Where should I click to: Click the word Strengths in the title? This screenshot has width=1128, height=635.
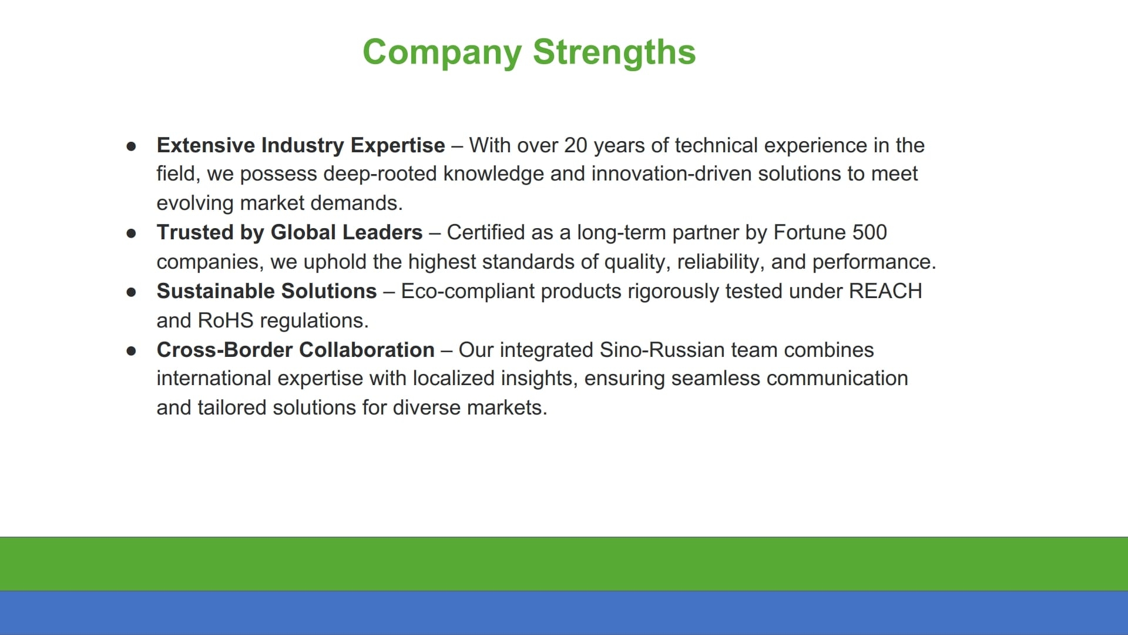pyautogui.click(x=614, y=52)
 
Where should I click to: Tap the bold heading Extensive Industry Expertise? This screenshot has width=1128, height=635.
pyautogui.click(x=301, y=146)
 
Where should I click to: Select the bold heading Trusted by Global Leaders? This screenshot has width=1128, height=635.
pyautogui.click(x=290, y=233)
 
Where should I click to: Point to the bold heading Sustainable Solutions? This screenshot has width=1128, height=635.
pyautogui.click(x=267, y=291)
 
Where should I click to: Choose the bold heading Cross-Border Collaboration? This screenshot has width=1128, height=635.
pyautogui.click(x=296, y=350)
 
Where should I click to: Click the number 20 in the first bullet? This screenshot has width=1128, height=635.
pyautogui.click(x=576, y=145)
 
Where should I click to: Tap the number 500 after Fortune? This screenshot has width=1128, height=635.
pyautogui.click(x=869, y=232)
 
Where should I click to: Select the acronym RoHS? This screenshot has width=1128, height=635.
pyautogui.click(x=226, y=320)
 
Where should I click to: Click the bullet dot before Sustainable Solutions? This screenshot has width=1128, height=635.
pyautogui.click(x=132, y=292)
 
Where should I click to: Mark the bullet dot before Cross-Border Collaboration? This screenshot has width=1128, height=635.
pyautogui.click(x=132, y=350)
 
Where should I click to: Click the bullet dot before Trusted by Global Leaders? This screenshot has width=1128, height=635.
pyautogui.click(x=132, y=233)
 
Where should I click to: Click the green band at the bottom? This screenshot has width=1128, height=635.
pyautogui.click(x=564, y=564)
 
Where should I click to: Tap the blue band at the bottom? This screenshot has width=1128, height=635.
pyautogui.click(x=564, y=613)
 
